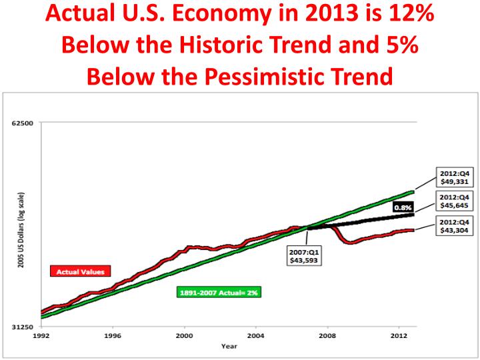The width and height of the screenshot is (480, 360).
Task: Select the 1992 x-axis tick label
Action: (x=41, y=336)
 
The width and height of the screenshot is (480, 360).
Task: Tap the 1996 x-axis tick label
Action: (x=113, y=336)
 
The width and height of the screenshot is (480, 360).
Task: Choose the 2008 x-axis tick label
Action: (x=327, y=336)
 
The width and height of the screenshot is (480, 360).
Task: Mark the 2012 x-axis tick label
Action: (x=399, y=336)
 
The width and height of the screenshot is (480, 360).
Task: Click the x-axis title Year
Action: (x=229, y=346)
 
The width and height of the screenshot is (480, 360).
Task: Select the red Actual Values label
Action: (x=81, y=271)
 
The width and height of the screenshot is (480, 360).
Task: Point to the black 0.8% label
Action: (x=403, y=208)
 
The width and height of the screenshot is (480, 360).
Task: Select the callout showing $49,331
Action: (x=454, y=178)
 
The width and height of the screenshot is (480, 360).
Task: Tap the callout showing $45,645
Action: (x=454, y=201)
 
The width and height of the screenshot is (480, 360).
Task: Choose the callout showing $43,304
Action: (x=454, y=225)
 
